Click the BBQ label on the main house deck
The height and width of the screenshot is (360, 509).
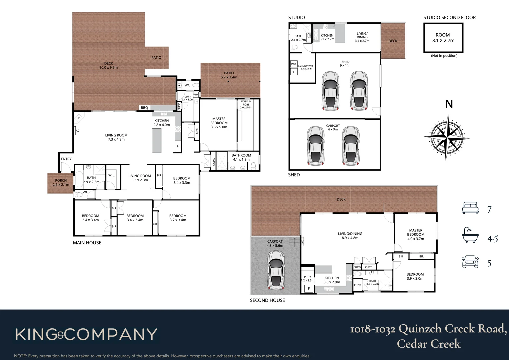click(x=144, y=108)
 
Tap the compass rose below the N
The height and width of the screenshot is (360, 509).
click(x=446, y=137)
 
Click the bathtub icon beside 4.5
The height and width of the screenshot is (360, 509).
click(x=470, y=235)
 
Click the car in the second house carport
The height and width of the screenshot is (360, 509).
click(x=276, y=270)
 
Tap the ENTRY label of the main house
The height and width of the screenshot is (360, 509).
click(x=66, y=159)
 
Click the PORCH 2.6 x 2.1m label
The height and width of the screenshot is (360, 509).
click(x=61, y=182)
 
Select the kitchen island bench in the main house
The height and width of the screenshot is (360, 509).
click(x=157, y=140)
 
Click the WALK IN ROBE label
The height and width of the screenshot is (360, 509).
click(x=246, y=104)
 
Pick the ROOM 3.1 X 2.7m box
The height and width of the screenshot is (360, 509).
click(x=443, y=38)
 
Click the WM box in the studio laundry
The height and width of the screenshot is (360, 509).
click(x=294, y=64)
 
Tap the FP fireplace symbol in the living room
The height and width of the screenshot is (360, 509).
click(x=78, y=118)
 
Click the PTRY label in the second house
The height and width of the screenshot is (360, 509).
click(x=307, y=277)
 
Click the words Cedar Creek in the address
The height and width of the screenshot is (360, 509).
click(x=428, y=344)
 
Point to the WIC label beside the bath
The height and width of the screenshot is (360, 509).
click(x=111, y=175)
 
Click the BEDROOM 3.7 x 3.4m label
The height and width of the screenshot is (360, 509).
click(x=178, y=218)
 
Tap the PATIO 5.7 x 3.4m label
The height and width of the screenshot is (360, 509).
click(x=229, y=75)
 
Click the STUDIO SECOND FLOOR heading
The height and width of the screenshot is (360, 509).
click(x=449, y=17)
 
